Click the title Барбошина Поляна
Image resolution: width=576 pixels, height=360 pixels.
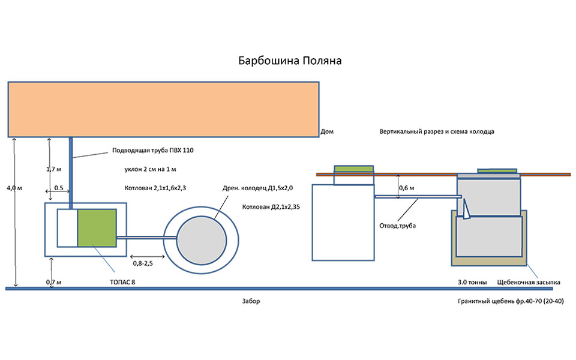coord(290,61)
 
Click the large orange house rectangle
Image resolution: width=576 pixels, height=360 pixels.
coord(163,109)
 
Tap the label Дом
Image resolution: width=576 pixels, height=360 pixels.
coord(327,131)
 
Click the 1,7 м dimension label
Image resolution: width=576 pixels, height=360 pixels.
coord(55,169)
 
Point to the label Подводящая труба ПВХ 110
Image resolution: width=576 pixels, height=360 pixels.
coord(153,150)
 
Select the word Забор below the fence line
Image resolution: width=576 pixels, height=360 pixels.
coord(252,301)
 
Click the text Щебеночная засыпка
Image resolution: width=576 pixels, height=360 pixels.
coord(529,281)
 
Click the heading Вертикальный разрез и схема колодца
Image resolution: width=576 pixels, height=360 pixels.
coord(436,131)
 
